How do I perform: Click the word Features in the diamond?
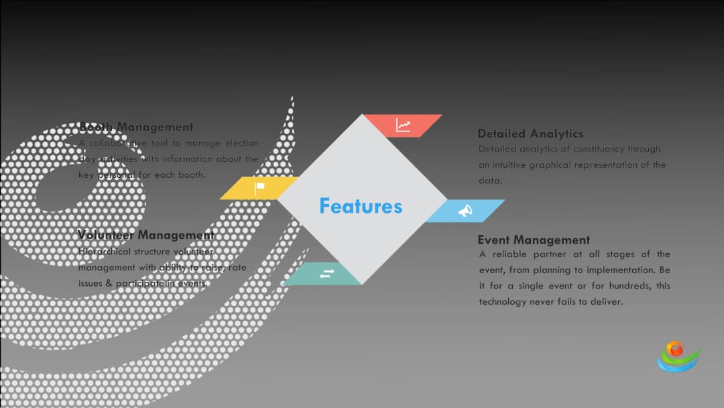point(361,206)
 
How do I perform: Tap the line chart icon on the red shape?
point(403,125)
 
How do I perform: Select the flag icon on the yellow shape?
point(259,189)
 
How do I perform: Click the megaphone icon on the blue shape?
point(465,211)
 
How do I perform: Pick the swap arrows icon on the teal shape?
point(326,274)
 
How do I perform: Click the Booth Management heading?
point(136,127)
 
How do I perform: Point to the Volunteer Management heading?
point(146,235)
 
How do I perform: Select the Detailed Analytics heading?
point(530,134)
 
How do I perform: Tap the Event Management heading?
point(534,240)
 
